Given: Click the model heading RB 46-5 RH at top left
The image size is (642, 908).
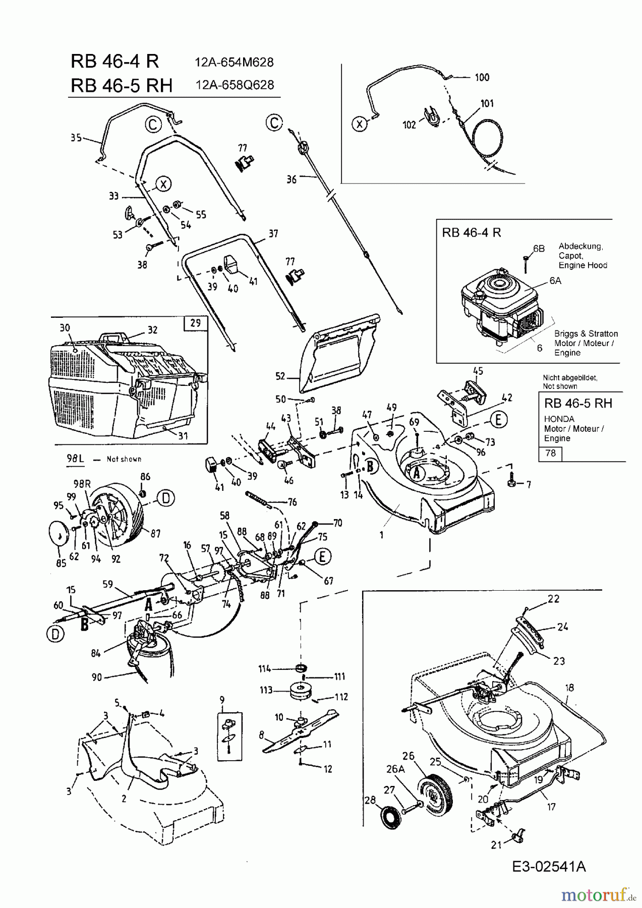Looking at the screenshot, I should point(122,85).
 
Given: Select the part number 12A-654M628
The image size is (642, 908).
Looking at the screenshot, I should point(234,63).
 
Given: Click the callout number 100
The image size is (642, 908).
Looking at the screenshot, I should point(482,77).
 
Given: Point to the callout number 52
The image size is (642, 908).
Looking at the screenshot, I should point(280,376).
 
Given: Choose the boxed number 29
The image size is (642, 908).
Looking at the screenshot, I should point(195,323).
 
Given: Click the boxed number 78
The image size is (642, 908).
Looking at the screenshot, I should point(550,453).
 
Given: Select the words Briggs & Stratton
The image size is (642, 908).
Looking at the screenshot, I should point(586,334).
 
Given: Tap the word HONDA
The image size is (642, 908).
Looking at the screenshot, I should point(559,419).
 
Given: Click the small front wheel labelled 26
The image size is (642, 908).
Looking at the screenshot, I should point(434,798).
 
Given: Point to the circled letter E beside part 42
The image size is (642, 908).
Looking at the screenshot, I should point(498,419).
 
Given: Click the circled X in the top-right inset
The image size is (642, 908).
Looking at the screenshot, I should point(359,123).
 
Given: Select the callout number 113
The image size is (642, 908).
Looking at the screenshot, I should point(266,690).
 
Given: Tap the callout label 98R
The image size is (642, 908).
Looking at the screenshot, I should point(83,483).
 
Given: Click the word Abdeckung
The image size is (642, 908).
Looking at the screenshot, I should point(580,246).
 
